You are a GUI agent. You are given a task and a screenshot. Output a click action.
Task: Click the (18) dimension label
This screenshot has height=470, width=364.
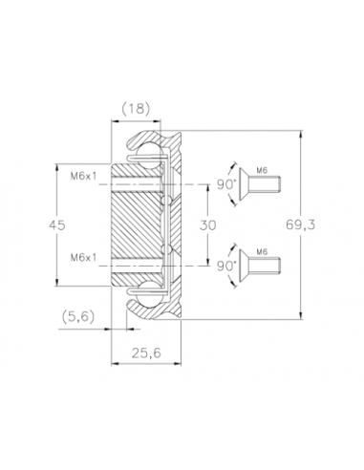(x=136, y=109)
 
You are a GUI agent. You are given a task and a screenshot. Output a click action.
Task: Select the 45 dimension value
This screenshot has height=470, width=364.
(x=57, y=224)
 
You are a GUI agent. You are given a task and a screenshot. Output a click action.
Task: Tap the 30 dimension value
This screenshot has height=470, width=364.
(x=207, y=224)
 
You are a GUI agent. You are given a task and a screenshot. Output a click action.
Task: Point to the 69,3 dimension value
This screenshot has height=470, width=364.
(x=300, y=224)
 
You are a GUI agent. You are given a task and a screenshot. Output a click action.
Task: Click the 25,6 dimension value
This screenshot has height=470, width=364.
(x=146, y=352)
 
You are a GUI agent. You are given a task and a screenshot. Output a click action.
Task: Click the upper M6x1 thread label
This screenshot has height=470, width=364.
(x=83, y=176)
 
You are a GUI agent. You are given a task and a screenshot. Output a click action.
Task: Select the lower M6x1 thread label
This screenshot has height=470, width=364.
(x=83, y=257)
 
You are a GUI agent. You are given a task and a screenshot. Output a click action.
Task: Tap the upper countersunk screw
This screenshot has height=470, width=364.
(x=260, y=184)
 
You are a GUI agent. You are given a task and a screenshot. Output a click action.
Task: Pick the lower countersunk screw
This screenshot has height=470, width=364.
(x=260, y=266)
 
